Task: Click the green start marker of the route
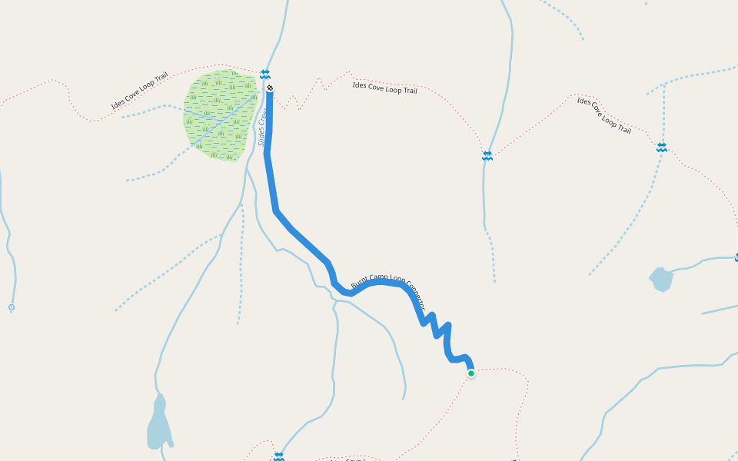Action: coord(471,373)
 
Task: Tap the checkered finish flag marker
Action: coord(270,88)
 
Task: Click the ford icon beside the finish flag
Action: coord(265,74)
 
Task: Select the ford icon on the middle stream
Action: coord(487,156)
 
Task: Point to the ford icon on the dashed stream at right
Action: coord(661,147)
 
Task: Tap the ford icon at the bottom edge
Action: coord(278,456)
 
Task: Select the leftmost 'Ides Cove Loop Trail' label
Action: coord(139,91)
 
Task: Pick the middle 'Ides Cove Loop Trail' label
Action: coord(384,88)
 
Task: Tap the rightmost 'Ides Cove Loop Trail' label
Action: coord(604,115)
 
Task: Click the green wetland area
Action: coord(220,115)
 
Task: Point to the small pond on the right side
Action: coord(661,279)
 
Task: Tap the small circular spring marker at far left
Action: coord(11,307)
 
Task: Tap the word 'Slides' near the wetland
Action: coord(261,136)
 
